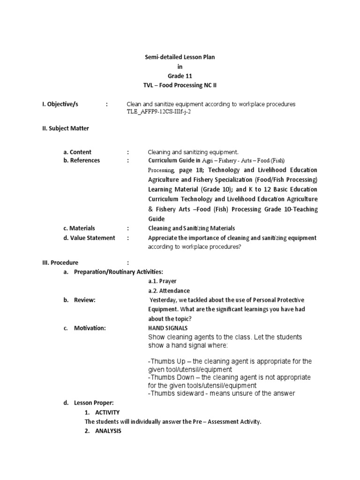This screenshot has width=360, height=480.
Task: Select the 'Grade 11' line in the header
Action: [180, 76]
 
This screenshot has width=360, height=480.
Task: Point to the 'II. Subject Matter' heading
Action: [66, 128]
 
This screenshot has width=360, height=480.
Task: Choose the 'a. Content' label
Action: [77, 152]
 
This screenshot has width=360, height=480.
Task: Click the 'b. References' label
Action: [82, 160]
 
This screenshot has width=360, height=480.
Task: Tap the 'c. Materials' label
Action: [79, 228]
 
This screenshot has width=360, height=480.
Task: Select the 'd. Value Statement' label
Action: [89, 238]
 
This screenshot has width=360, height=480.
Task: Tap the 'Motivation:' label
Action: [90, 328]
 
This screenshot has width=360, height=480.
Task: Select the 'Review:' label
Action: [85, 300]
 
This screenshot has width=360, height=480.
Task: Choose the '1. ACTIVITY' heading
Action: [102, 412]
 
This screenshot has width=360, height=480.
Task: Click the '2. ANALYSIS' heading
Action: [103, 431]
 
